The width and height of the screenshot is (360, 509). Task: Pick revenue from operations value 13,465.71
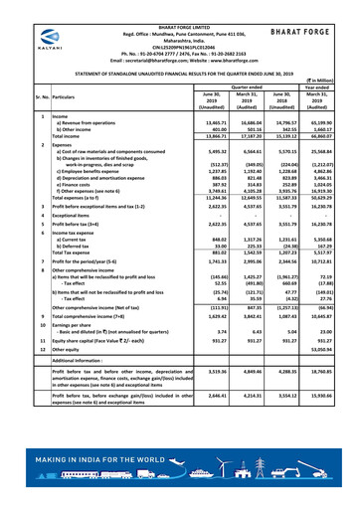tap(187, 120)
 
